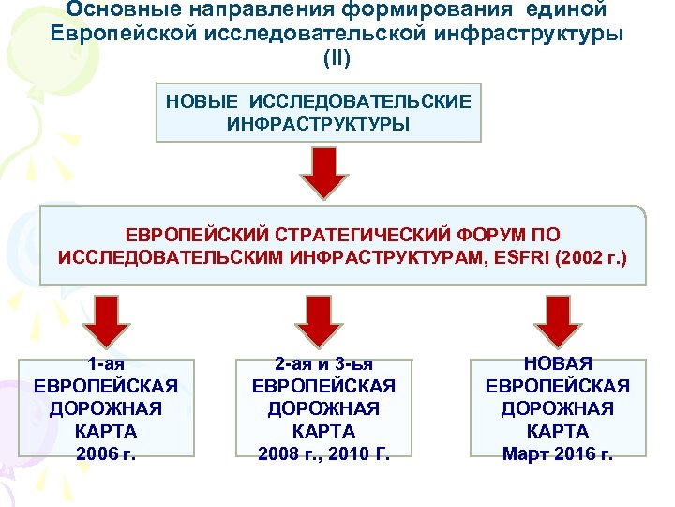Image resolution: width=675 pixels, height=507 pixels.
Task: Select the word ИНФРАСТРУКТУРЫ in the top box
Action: click(x=318, y=123)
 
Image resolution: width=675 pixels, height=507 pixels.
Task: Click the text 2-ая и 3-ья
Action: click(x=323, y=363)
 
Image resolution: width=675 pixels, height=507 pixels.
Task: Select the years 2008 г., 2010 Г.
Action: click(x=323, y=453)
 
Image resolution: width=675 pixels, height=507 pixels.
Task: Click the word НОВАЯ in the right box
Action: click(x=557, y=363)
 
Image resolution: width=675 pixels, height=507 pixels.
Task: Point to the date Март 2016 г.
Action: click(x=557, y=453)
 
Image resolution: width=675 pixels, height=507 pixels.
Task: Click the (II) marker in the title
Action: click(x=337, y=58)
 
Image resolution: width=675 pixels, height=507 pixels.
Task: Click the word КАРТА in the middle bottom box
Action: click(x=323, y=431)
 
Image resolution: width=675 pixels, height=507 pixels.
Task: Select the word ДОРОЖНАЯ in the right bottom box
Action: click(x=557, y=408)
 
